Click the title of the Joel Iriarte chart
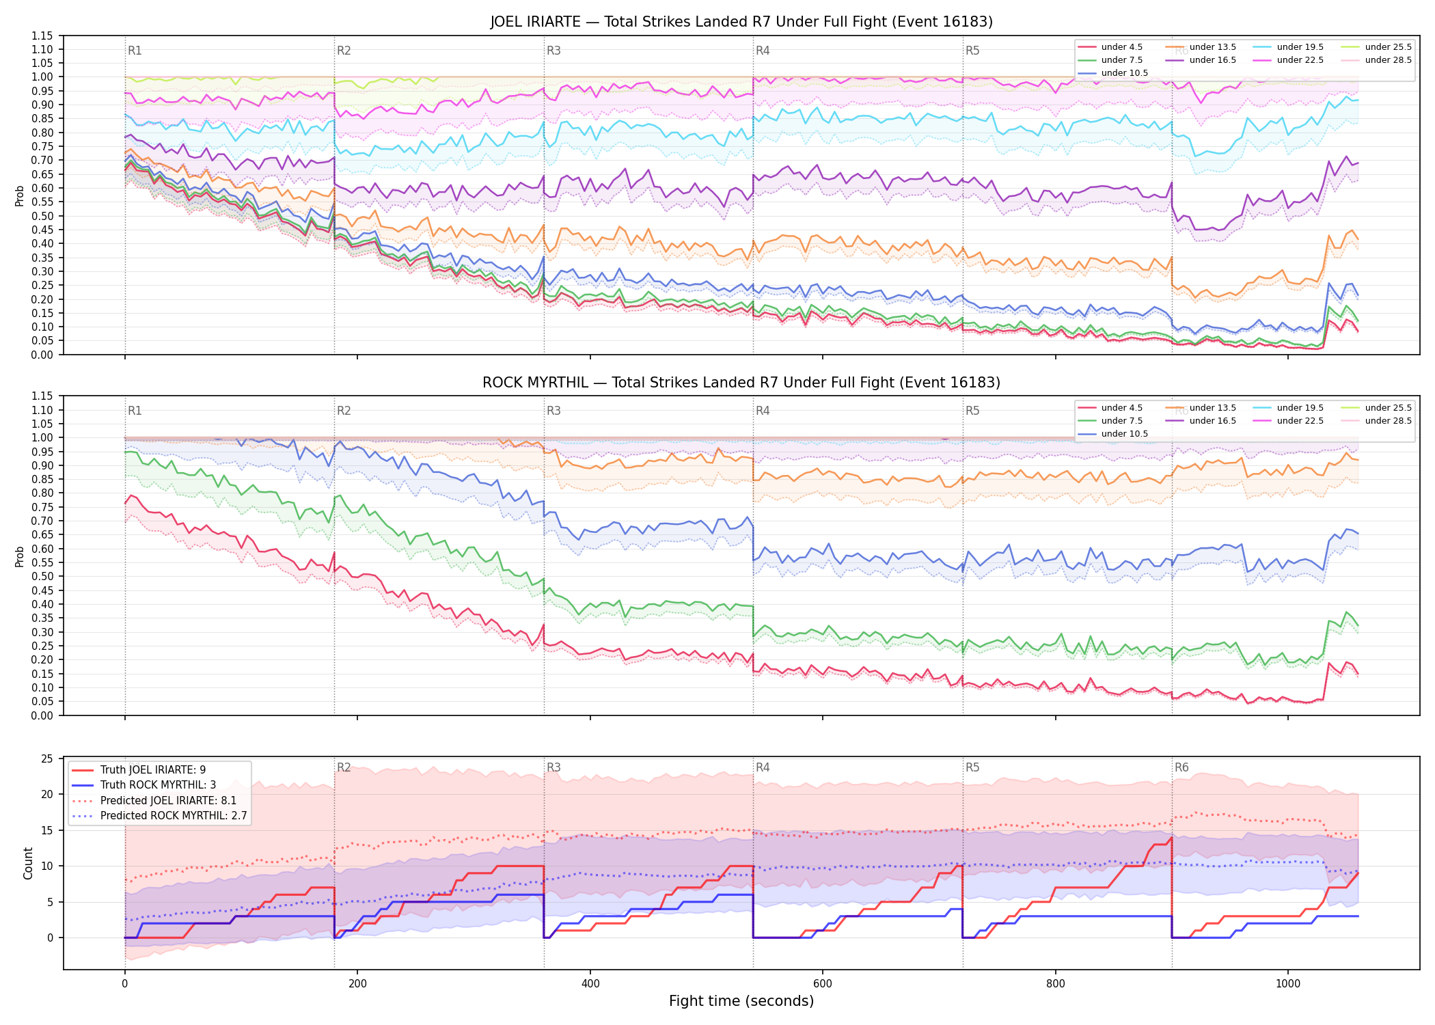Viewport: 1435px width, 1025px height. [x=741, y=22]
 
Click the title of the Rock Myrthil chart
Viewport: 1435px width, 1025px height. [x=741, y=383]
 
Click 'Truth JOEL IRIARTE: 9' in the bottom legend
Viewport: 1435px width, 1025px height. [x=153, y=770]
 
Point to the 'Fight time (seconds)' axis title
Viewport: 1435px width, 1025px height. [x=741, y=1001]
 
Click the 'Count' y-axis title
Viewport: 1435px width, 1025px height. [x=28, y=863]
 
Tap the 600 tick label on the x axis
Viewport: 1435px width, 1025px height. [x=823, y=984]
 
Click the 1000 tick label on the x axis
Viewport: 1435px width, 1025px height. [x=1288, y=984]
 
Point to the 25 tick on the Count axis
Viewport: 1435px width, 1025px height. [x=47, y=758]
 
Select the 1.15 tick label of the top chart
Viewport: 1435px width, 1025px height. [x=42, y=36]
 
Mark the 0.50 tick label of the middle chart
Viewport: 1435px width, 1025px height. [x=42, y=577]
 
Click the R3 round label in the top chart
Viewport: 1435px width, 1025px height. [x=553, y=51]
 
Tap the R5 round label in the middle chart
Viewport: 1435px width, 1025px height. [x=972, y=411]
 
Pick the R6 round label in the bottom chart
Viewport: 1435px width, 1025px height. [x=1181, y=767]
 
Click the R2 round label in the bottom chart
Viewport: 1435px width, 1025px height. [x=344, y=767]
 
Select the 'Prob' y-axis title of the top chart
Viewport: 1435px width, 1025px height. [x=19, y=195]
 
